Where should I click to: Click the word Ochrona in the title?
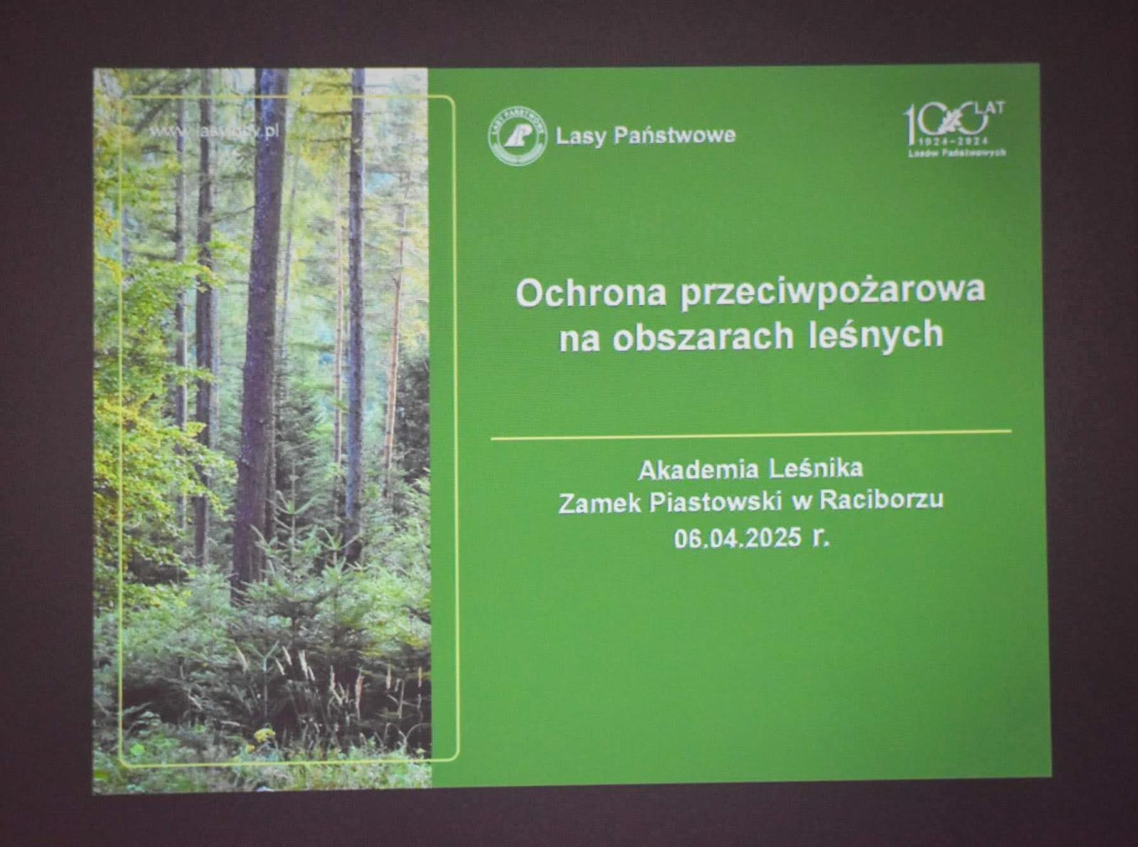[590, 292]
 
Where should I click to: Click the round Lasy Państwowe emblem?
[518, 135]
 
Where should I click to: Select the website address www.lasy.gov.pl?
[213, 132]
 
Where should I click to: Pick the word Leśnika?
[817, 468]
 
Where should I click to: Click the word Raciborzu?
[881, 499]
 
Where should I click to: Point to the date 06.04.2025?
[738, 538]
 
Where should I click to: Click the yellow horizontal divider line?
[750, 435]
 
